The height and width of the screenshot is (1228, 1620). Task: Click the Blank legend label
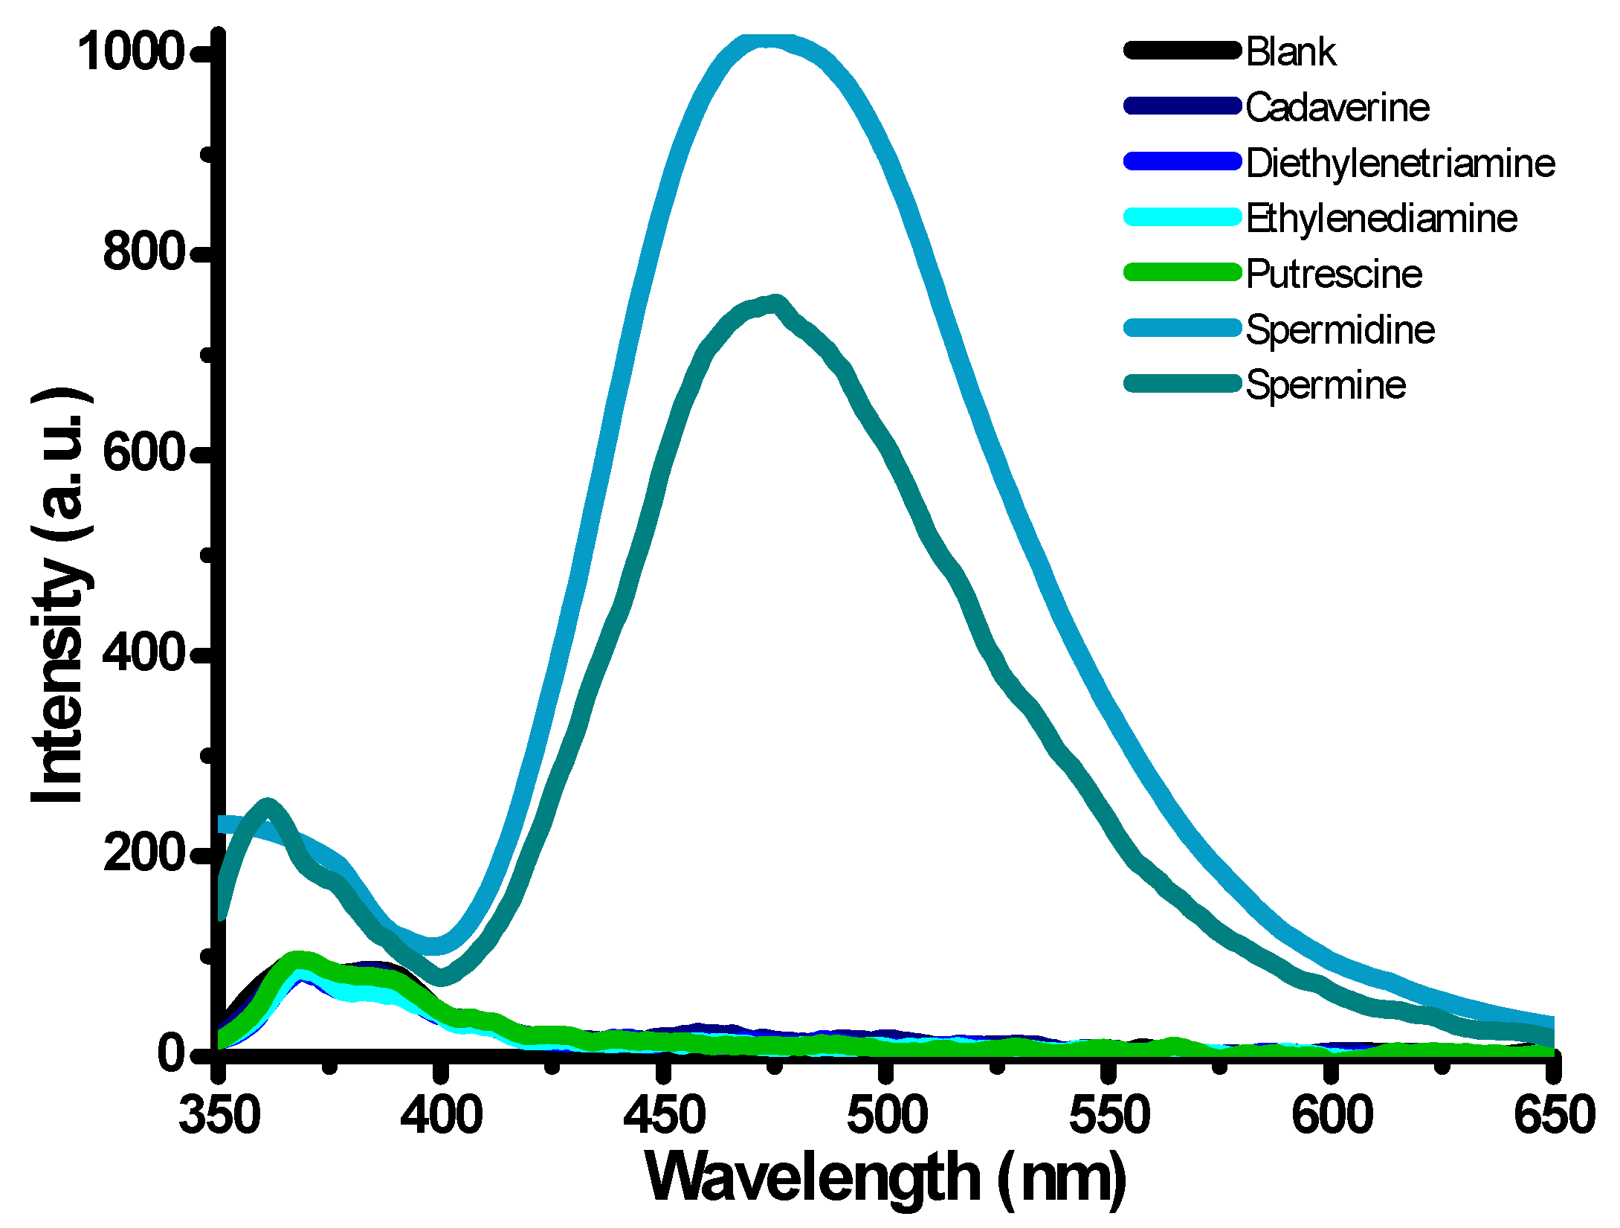pos(1291,52)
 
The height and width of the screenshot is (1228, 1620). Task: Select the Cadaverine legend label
pos(1337,108)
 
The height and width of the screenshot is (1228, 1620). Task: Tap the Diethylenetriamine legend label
pos(1400,164)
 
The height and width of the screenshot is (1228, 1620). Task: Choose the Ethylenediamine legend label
pos(1381,219)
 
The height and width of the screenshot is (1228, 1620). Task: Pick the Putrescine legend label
pos(1334,274)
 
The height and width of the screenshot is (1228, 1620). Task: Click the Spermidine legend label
pos(1340,329)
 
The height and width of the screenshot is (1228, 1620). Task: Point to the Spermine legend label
pos(1326,385)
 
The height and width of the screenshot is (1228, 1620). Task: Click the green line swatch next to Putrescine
pos(1182,272)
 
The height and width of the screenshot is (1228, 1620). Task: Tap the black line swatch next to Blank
pos(1182,51)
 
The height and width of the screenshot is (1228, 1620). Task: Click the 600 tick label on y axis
pos(143,452)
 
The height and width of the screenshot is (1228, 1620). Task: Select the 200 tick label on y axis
pos(143,852)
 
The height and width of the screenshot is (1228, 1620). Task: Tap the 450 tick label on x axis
pos(664,1116)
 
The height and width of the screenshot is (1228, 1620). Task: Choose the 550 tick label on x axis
pos(1108,1116)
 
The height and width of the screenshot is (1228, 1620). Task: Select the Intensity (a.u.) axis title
pos(61,595)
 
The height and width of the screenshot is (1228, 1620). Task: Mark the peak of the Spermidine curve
pos(769,41)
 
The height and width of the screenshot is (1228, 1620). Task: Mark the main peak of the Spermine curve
pos(775,303)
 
